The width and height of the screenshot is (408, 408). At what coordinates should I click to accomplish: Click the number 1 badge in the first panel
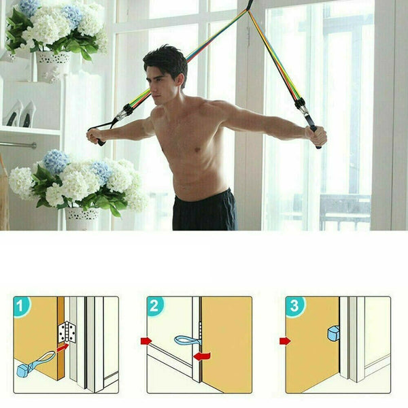click(x=21, y=306)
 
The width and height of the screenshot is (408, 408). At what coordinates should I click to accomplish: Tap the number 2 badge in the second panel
click(x=154, y=306)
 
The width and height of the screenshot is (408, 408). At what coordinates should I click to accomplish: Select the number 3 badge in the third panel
click(x=294, y=306)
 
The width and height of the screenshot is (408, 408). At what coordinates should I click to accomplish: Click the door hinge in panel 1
click(x=67, y=332)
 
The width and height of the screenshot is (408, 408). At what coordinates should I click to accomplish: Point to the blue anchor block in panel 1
click(x=22, y=371)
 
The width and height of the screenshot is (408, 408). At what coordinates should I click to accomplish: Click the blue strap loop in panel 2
click(x=188, y=341)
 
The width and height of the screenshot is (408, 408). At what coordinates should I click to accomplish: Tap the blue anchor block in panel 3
click(x=333, y=333)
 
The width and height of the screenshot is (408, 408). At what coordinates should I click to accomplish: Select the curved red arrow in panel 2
click(x=203, y=356)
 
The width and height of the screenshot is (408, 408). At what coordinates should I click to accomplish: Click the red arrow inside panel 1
click(x=63, y=347)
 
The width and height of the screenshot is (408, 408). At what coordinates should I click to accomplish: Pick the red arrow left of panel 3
click(x=285, y=341)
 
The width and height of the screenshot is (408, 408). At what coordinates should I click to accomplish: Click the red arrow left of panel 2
click(x=146, y=341)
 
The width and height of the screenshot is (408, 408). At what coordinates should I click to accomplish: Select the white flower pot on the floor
click(x=82, y=218)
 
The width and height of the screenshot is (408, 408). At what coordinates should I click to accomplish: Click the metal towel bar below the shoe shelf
click(x=18, y=145)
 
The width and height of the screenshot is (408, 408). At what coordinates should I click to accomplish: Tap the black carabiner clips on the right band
click(x=301, y=105)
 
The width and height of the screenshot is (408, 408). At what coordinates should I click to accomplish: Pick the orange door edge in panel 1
click(x=61, y=338)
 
